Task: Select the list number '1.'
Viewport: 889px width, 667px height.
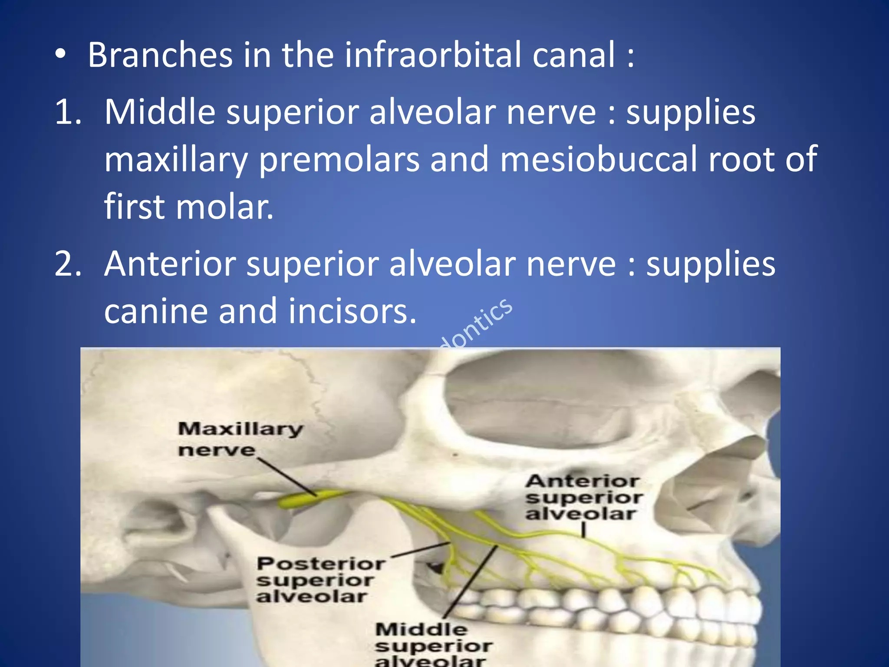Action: pyautogui.click(x=68, y=112)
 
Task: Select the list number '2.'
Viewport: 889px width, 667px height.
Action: pyautogui.click(x=68, y=264)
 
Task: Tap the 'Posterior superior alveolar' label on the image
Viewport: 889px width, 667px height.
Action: pyautogui.click(x=320, y=580)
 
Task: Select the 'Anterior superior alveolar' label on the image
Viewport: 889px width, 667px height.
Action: pyautogui.click(x=583, y=498)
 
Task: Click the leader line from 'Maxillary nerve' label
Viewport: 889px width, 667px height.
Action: pyautogui.click(x=286, y=475)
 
